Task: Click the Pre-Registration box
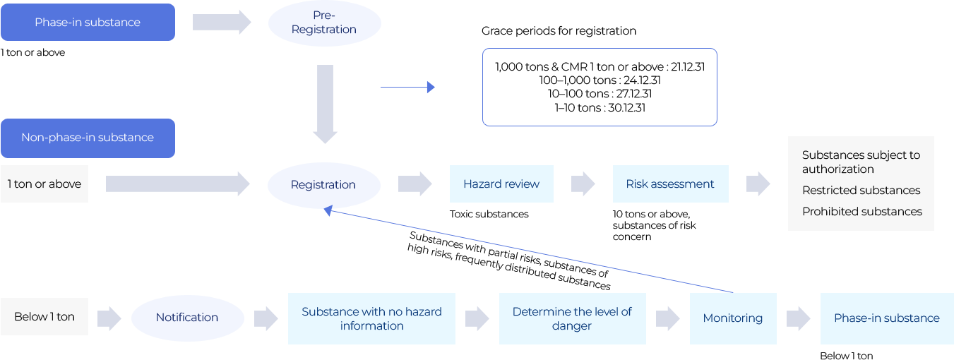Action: [324, 23]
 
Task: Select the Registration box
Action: [323, 185]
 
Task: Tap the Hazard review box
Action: [501, 184]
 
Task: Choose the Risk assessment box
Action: [669, 184]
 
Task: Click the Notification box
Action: [187, 318]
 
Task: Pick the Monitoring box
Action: [732, 318]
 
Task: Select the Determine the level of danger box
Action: [571, 319]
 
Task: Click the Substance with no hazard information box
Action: [371, 319]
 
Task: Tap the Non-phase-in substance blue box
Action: [88, 138]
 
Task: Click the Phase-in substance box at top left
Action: [88, 23]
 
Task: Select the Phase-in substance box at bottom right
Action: [886, 318]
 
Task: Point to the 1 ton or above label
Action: [44, 184]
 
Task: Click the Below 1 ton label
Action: [44, 317]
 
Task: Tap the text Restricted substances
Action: [861, 191]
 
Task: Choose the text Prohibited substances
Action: [861, 212]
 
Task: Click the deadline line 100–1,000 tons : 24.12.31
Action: [600, 80]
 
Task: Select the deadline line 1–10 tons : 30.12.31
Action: [600, 108]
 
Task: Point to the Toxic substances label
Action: [489, 214]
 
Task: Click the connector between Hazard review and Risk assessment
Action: [583, 184]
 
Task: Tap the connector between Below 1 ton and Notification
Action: [109, 318]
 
